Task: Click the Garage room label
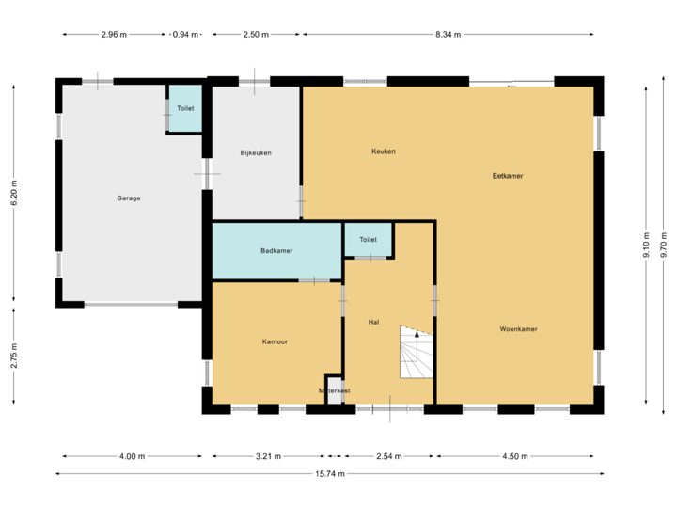129,198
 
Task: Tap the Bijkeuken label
256,152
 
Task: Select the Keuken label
383,151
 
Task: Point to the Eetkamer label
508,176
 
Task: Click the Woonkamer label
518,329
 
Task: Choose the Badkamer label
276,251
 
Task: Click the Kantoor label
275,341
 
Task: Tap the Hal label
373,322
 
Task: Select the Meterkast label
335,390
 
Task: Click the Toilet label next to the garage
185,109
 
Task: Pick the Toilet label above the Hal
368,240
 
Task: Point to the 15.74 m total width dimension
329,473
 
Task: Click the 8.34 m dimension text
448,35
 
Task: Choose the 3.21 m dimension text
268,456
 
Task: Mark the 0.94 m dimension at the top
186,35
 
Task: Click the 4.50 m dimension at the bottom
514,456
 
